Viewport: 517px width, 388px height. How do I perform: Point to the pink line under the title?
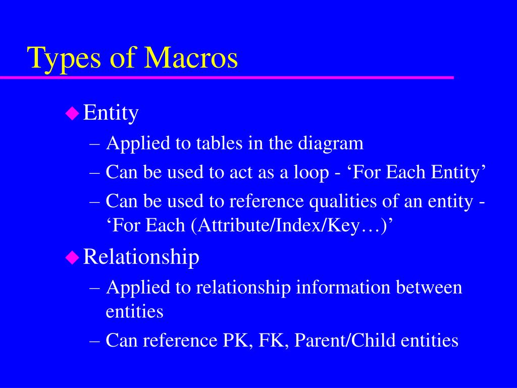(227, 77)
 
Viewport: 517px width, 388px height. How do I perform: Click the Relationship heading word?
(141, 257)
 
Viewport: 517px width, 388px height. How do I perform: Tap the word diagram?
(331, 143)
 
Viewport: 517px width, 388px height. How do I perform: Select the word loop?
(309, 173)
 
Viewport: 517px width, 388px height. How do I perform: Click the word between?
(429, 287)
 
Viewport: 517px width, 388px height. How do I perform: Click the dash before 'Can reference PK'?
(94, 340)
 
